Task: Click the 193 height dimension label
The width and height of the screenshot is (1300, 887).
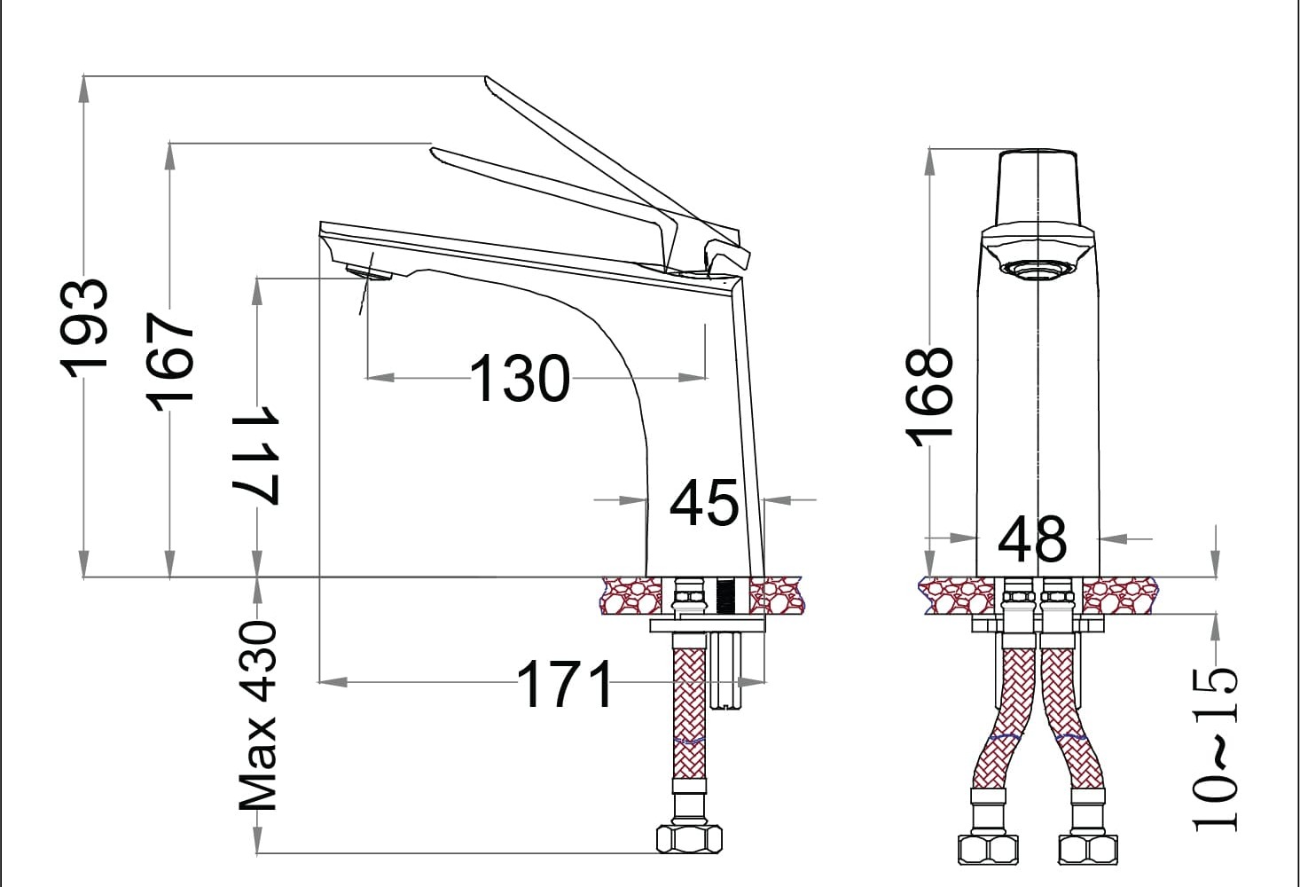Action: (x=83, y=328)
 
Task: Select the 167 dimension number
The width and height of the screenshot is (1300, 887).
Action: (x=169, y=362)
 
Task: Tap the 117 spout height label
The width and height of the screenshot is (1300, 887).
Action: (x=256, y=453)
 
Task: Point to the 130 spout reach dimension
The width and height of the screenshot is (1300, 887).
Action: (x=520, y=378)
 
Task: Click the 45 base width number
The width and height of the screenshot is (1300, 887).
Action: (x=704, y=502)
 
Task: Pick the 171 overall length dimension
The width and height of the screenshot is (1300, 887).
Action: (x=565, y=684)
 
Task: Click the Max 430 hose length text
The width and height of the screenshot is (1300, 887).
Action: (x=258, y=715)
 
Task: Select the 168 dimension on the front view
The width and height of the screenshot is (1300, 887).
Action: (x=928, y=397)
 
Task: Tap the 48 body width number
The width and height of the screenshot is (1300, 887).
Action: (x=1032, y=539)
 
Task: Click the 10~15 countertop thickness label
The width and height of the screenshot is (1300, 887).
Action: (x=1214, y=750)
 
